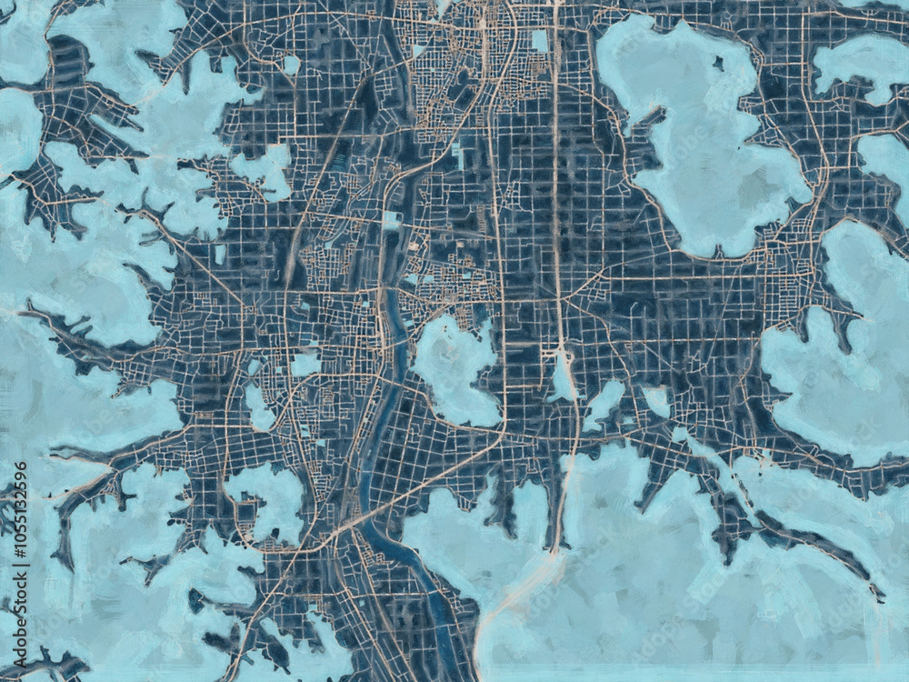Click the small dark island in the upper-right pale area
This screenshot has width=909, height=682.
point(719,64)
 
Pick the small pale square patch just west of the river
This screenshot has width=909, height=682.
point(305,364)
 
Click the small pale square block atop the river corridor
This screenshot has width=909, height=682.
point(392,219)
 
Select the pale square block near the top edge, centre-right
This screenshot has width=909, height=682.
point(539,41)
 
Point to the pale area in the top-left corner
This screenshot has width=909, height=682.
point(23,41)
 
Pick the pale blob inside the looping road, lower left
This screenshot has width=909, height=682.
point(268,500)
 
